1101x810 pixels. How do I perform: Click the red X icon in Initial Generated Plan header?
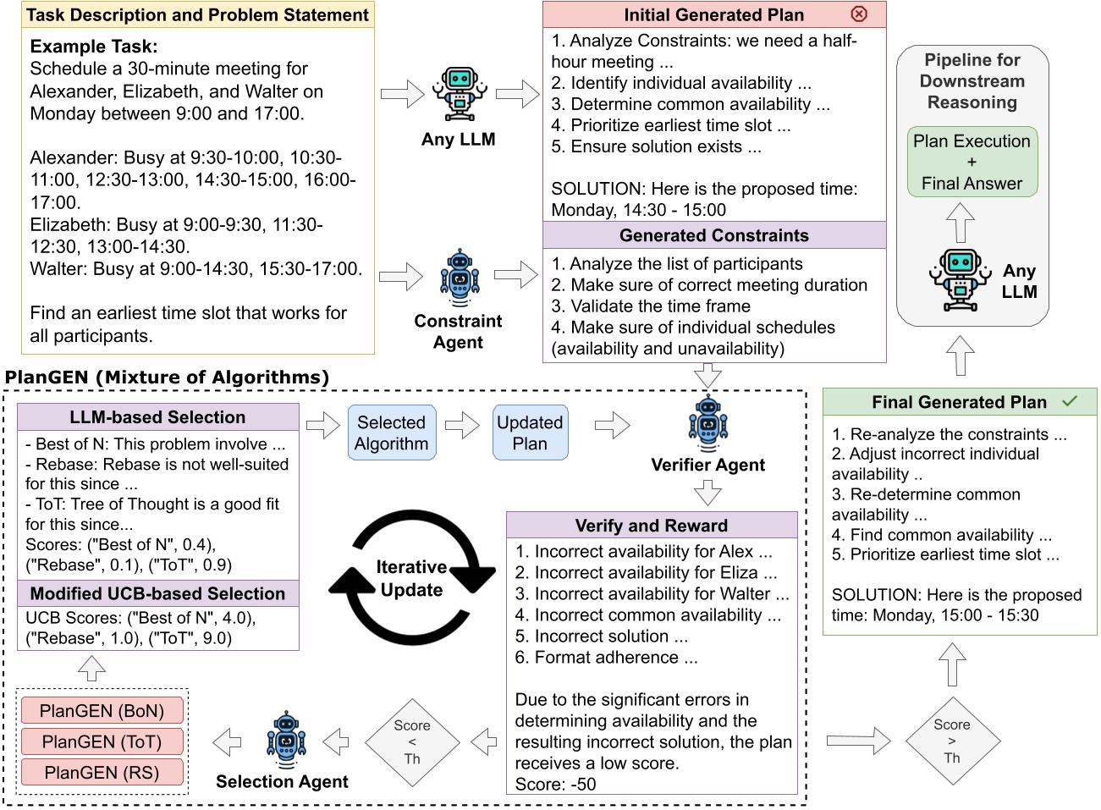859,14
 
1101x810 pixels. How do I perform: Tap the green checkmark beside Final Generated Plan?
1070,401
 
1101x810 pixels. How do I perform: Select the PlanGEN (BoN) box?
102,711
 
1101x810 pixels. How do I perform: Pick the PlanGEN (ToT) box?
102,741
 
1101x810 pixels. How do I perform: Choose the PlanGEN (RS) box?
102,772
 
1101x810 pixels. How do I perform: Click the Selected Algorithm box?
391,433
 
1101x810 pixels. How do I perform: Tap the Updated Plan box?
530,433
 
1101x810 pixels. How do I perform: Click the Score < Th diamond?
412,742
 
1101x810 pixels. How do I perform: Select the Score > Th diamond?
952,741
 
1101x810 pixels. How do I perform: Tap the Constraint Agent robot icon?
460,278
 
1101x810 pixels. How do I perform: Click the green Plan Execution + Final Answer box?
972,162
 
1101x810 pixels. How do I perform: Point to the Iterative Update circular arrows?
412,578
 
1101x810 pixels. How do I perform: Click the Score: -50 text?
555,784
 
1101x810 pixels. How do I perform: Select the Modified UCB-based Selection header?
157,593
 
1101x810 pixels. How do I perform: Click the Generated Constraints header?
713,235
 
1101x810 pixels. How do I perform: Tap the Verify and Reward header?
651,525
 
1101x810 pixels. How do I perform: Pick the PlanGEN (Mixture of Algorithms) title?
167,377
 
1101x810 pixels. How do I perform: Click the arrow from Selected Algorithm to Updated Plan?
463,425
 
